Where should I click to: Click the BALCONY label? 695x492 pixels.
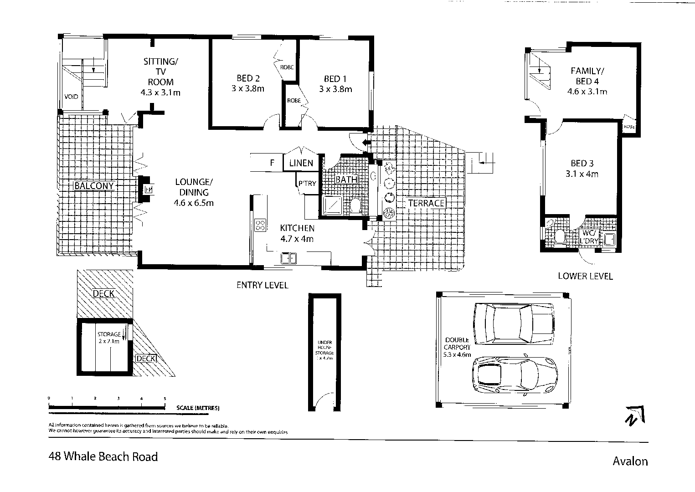[x=93, y=186]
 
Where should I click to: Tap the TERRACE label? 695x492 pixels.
[x=426, y=203]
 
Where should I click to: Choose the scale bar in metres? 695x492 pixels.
[x=107, y=406]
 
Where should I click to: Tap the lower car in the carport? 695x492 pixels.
[x=514, y=374]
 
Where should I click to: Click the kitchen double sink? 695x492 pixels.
[x=288, y=259]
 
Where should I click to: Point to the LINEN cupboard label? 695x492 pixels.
[x=301, y=163]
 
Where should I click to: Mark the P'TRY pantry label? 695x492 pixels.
[x=307, y=184]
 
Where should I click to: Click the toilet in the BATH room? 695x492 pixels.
[x=355, y=206]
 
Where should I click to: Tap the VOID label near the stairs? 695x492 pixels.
[x=71, y=97]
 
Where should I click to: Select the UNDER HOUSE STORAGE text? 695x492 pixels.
[x=325, y=350]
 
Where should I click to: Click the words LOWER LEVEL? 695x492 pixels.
[x=585, y=276]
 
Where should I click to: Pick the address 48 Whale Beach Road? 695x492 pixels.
[x=103, y=456]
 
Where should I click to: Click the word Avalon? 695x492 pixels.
[x=630, y=461]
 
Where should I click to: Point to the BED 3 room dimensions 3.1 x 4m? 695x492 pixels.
[x=582, y=174]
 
